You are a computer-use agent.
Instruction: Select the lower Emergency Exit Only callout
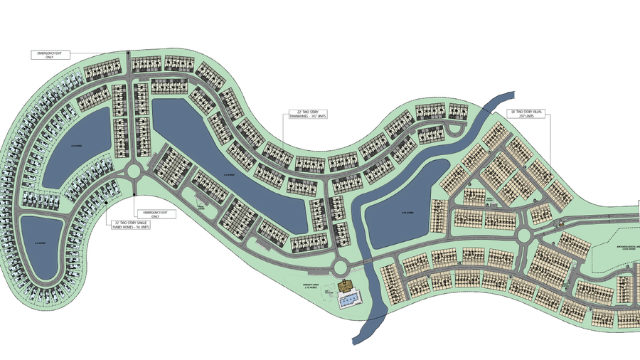[156, 214]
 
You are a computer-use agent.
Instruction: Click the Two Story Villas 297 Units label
[526, 114]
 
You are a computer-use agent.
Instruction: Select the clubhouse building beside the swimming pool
[347, 287]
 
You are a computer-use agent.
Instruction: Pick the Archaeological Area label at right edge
[624, 249]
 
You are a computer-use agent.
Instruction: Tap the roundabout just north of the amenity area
[338, 268]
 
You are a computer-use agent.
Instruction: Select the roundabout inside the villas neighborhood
[525, 234]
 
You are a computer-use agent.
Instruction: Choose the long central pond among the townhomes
[228, 171]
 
